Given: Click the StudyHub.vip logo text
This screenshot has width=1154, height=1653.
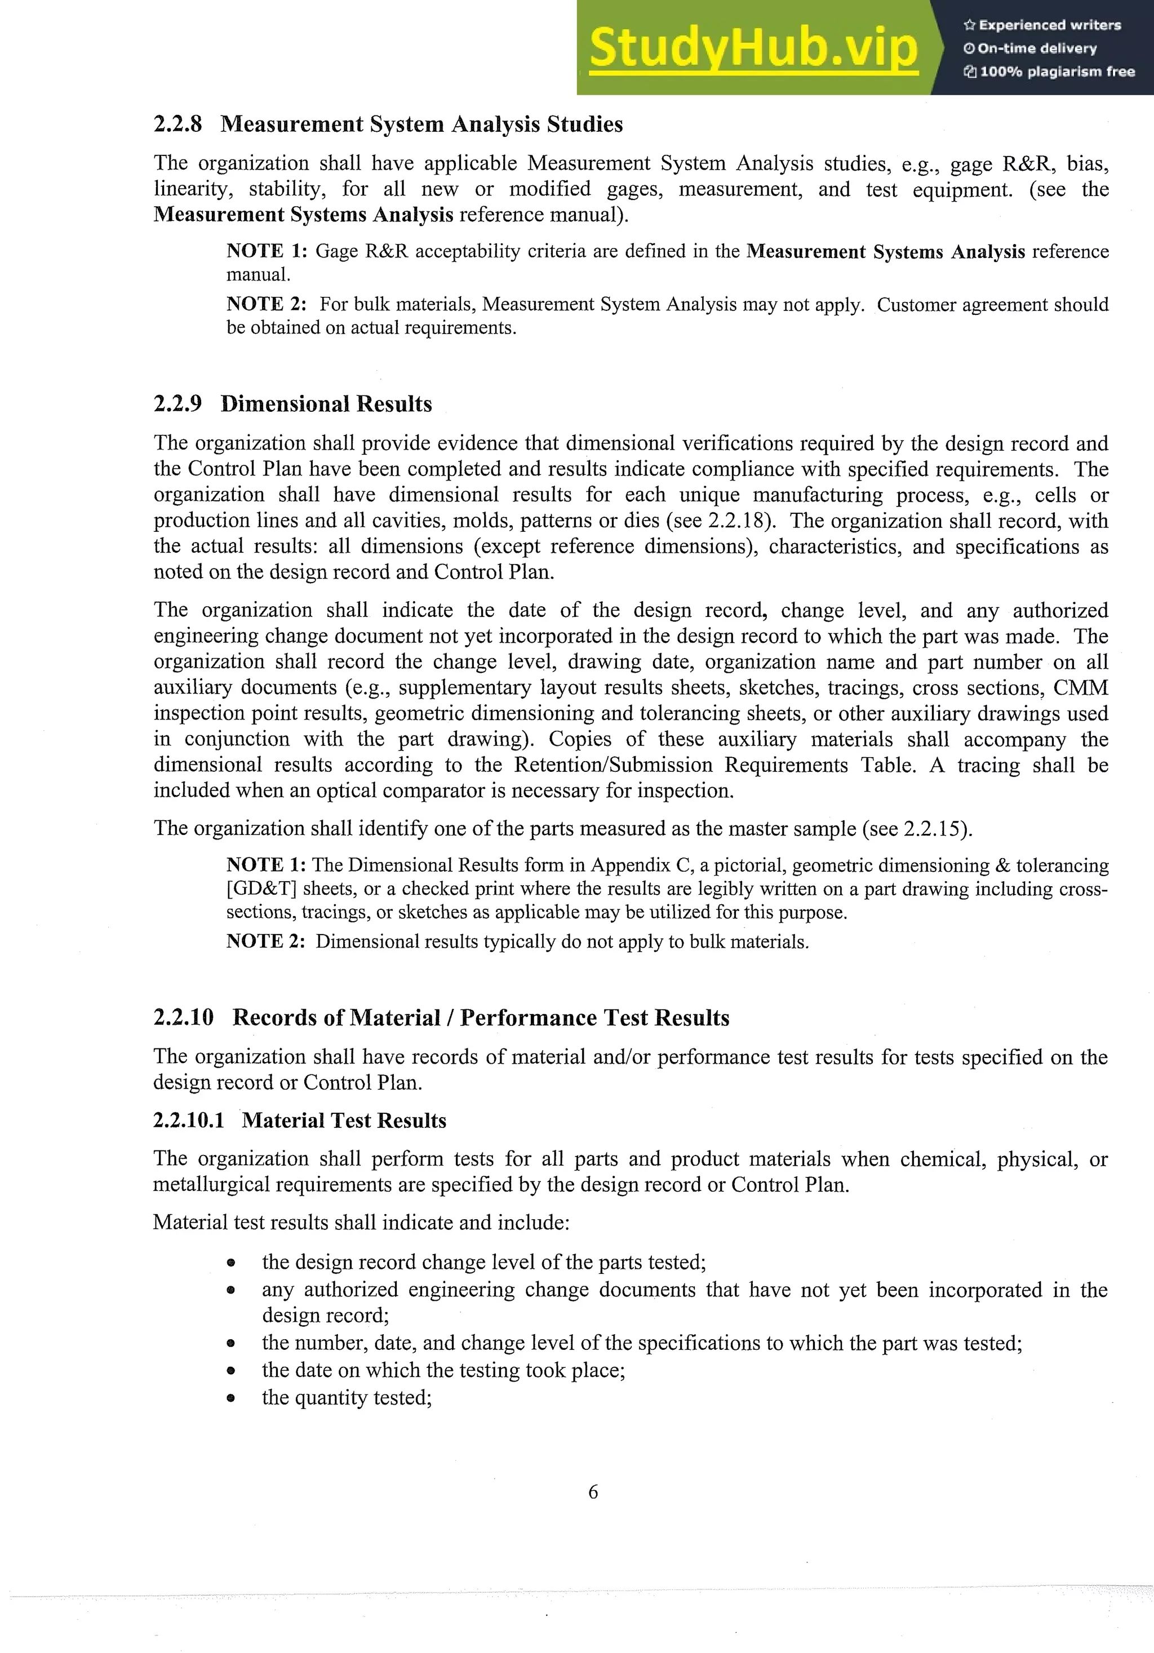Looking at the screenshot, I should pos(753,47).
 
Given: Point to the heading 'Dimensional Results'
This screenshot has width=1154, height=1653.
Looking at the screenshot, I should pos(326,404).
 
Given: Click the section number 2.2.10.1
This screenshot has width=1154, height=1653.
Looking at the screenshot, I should pos(189,1120).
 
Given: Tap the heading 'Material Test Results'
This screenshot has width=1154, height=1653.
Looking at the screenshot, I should pos(344,1120).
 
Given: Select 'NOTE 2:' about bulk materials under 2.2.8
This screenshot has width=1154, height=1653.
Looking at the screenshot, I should pos(265,304).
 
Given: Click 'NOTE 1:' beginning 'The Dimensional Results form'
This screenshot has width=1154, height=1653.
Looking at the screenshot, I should pos(265,865).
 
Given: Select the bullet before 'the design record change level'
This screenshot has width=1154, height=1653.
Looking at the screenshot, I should pos(230,1263).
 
